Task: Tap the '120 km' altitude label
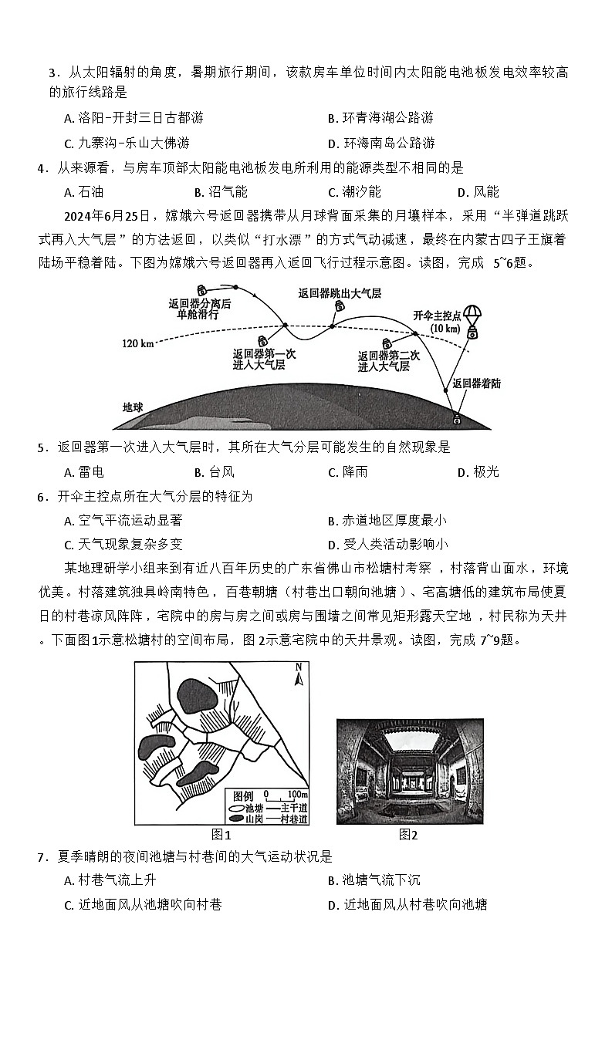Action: point(137,343)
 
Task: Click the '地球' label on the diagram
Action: point(134,407)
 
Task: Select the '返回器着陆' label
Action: point(476,383)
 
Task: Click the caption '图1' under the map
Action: point(221,835)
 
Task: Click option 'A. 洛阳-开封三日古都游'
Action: point(134,118)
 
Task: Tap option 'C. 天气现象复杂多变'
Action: point(123,545)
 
